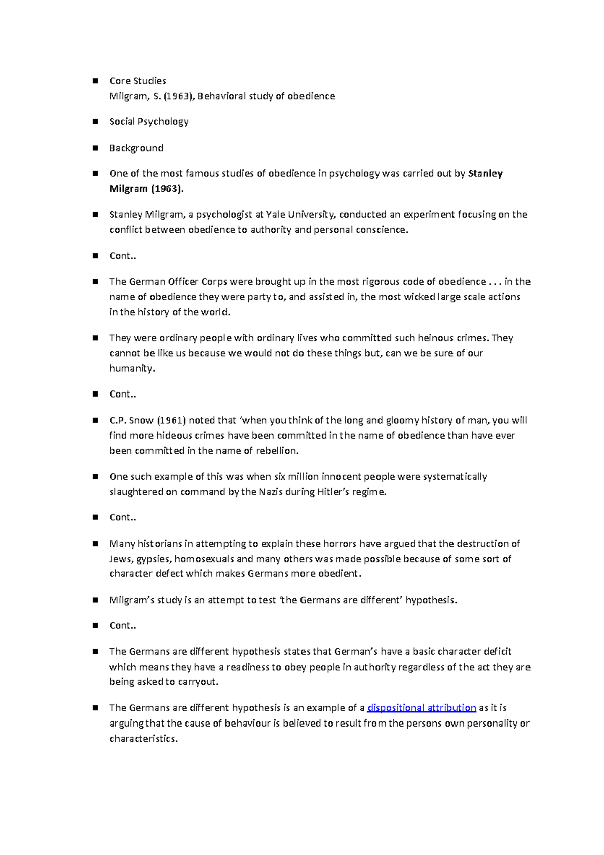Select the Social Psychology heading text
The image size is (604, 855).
148,122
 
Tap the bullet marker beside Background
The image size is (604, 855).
95,148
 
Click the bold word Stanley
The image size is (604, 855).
485,174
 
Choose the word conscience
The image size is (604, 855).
382,230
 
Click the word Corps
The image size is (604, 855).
214,282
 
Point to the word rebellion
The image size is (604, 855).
277,451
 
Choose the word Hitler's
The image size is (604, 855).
335,492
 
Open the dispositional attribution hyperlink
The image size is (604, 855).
422,708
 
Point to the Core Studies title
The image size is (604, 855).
137,81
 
